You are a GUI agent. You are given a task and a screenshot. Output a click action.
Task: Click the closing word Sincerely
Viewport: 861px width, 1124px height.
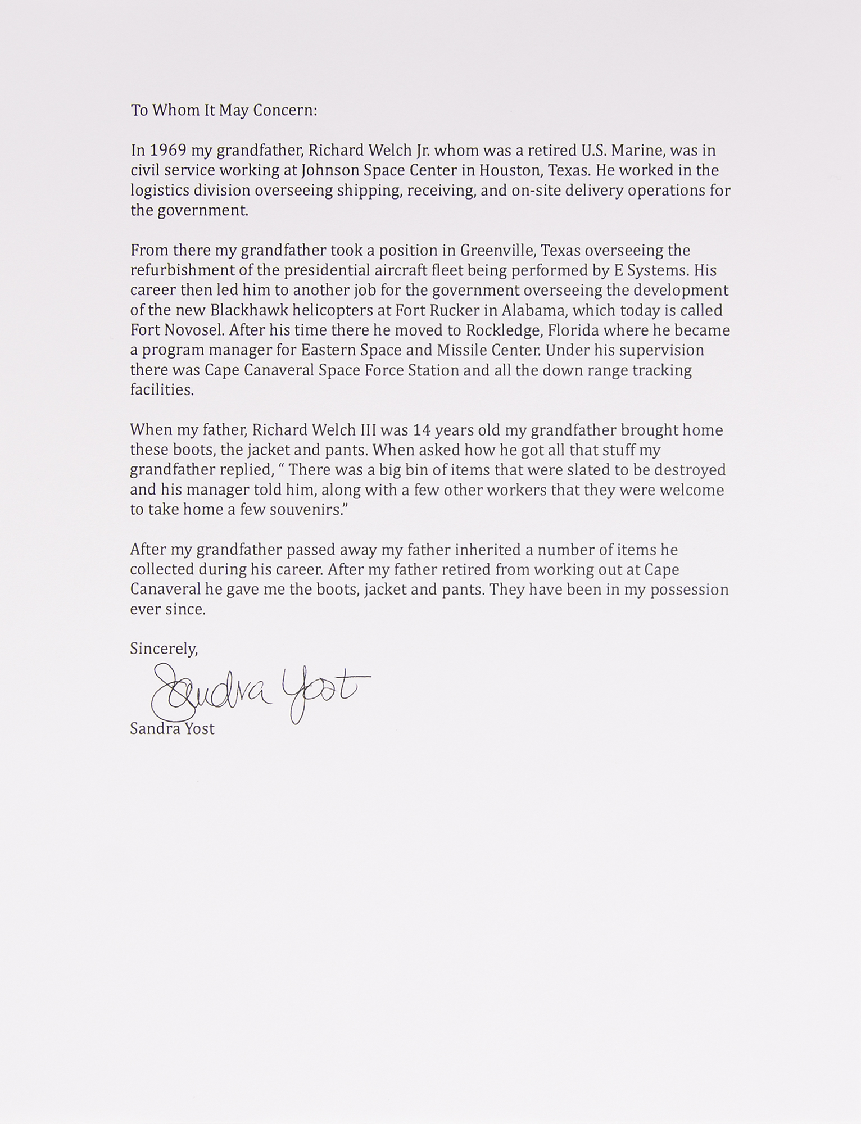[164, 649]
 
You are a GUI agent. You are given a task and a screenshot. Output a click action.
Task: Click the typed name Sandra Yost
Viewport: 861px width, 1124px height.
[172, 729]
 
